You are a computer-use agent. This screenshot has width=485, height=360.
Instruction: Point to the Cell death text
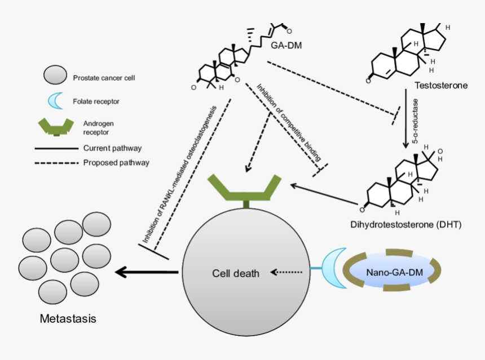236,274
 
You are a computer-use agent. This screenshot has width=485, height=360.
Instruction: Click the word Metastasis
68,319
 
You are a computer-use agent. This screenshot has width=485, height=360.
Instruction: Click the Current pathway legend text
112,149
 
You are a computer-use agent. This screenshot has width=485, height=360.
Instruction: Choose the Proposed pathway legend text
116,163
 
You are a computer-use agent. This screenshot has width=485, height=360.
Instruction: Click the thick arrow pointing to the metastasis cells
147,273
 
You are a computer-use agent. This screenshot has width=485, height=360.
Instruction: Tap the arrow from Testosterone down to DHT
405,118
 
